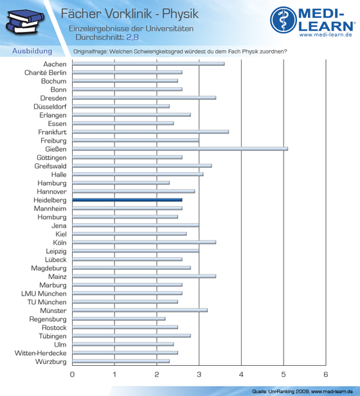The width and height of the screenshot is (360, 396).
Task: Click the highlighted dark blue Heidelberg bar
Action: (127, 200)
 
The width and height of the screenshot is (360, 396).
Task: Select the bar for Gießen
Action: (180, 149)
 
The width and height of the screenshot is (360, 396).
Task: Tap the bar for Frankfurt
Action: (150, 132)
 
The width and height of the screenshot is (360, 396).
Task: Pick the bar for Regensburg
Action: (119, 319)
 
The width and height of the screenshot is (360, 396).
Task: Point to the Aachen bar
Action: (148, 64)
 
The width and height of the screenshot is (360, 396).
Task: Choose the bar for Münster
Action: (139, 310)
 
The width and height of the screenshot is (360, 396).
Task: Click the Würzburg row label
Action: (51, 362)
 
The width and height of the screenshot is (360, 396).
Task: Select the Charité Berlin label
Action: (46, 73)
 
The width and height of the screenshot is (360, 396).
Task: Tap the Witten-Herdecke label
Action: (40, 353)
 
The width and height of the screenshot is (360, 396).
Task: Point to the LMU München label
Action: (44, 294)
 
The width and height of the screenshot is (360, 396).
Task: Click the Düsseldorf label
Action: (50, 107)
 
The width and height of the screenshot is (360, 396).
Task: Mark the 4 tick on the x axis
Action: (241, 374)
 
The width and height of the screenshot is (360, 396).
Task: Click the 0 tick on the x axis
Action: (72, 374)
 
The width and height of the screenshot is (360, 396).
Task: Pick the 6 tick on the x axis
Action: (326, 374)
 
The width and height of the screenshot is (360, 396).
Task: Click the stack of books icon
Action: (25, 22)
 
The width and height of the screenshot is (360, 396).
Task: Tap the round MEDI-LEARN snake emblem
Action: (283, 20)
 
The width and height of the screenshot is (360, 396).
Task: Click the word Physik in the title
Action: (180, 14)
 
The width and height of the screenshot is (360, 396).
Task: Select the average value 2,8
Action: (132, 37)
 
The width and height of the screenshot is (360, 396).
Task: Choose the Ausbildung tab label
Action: (32, 51)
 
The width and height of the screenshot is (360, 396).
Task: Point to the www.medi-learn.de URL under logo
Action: (326, 35)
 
